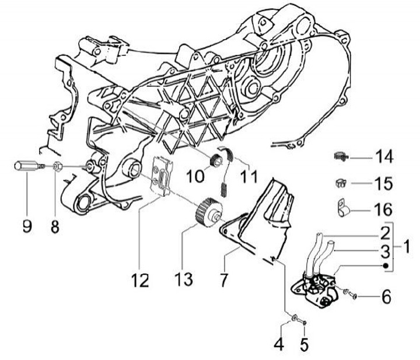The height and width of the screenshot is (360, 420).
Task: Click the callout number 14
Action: point(384,158)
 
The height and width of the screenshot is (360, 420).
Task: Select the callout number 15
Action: point(384,183)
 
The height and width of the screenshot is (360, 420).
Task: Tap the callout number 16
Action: point(384,209)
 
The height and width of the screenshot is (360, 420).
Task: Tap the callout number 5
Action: point(304,344)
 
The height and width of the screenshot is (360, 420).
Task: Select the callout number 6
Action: point(386,297)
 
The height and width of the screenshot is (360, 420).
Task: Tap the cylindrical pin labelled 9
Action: point(26,166)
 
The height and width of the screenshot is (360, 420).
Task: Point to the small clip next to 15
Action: point(341,183)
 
